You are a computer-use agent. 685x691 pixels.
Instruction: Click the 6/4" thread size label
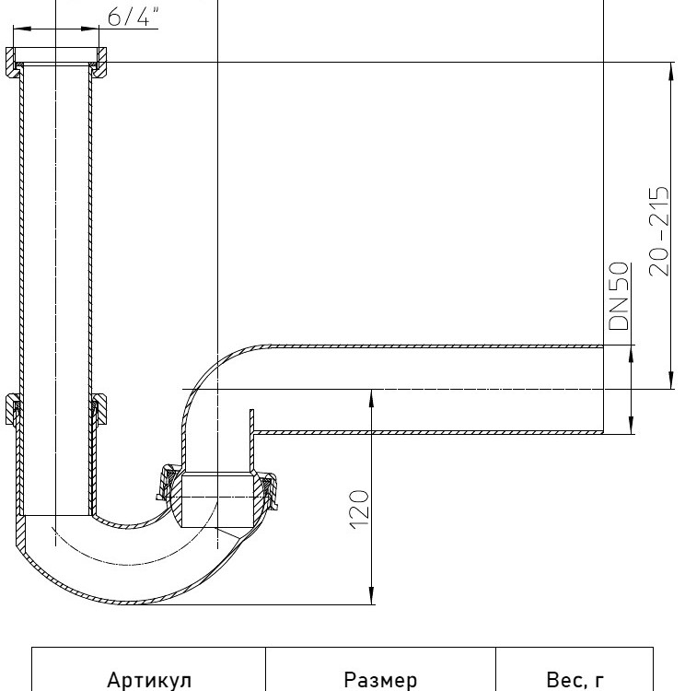point(133,17)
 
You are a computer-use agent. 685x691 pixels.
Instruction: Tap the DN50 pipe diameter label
point(619,296)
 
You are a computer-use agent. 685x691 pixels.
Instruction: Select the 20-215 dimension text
point(659,232)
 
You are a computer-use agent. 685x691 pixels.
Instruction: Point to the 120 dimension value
point(358,509)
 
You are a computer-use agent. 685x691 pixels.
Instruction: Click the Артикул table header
point(149,680)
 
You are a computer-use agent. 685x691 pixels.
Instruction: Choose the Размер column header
point(380,680)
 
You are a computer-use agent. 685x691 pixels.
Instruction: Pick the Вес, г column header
point(575,680)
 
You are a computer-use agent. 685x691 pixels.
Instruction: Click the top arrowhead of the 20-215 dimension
point(671,71)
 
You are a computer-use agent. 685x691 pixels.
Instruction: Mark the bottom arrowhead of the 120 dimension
point(372,596)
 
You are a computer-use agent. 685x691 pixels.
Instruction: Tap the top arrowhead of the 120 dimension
point(372,398)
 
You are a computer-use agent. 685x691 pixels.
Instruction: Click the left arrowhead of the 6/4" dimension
point(22,29)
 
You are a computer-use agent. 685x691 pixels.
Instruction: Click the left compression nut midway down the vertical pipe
point(12,410)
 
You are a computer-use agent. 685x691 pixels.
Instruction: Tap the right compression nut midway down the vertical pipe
point(99,410)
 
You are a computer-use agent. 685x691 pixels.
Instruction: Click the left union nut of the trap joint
point(168,483)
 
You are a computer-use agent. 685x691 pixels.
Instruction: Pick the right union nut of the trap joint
point(270,490)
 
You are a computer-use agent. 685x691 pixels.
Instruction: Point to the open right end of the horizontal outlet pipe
point(603,390)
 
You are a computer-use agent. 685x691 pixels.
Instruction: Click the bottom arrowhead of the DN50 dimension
point(631,426)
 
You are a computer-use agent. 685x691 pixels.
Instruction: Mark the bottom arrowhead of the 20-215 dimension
point(671,381)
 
